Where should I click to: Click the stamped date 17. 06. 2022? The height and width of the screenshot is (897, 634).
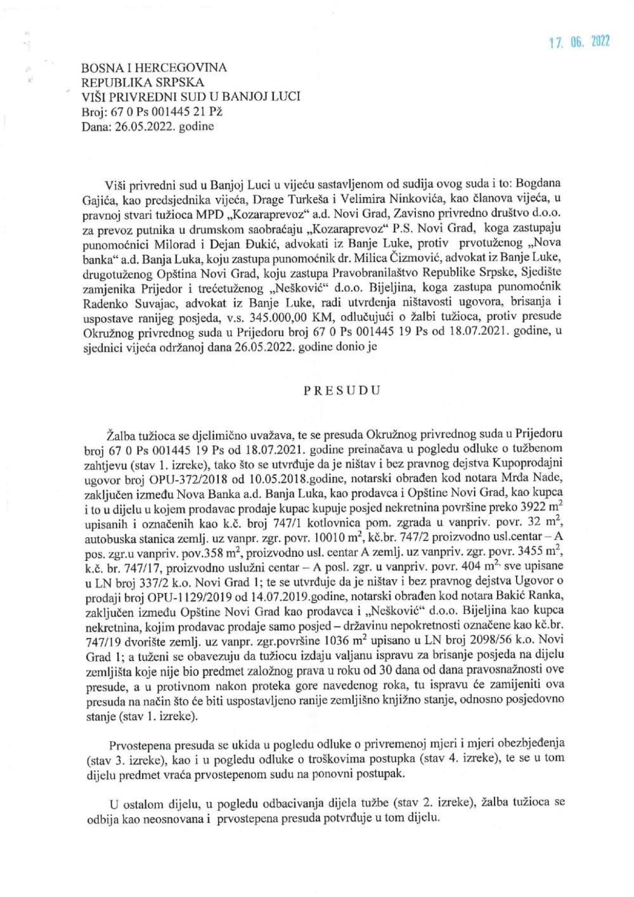point(579,42)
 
